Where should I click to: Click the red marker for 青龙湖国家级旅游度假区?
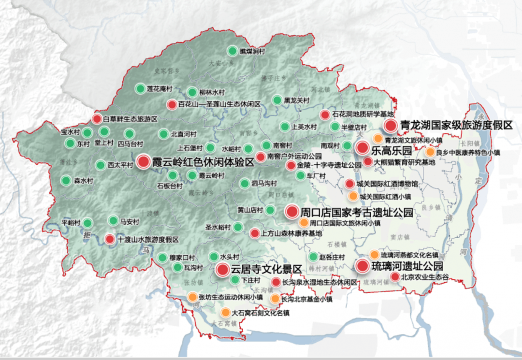coord(391,126)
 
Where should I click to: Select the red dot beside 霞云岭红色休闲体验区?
coord(143,161)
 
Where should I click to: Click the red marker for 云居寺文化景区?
coord(223,270)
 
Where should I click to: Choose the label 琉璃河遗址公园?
coord(407,266)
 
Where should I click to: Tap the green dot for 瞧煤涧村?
coord(232,51)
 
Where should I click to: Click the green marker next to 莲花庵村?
coord(140,88)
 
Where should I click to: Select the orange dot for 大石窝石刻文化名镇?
coord(225,312)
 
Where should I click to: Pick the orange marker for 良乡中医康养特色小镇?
coord(430,152)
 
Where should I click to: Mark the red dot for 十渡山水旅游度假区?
coord(110,239)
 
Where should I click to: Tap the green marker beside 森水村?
coord(66,181)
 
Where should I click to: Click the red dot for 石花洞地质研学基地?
coord(325,115)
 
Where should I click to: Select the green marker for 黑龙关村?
coord(277,100)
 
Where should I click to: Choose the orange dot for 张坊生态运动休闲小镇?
coord(192,297)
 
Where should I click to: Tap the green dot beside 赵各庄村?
coord(313,257)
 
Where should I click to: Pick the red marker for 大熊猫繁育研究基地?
coord(368,162)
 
